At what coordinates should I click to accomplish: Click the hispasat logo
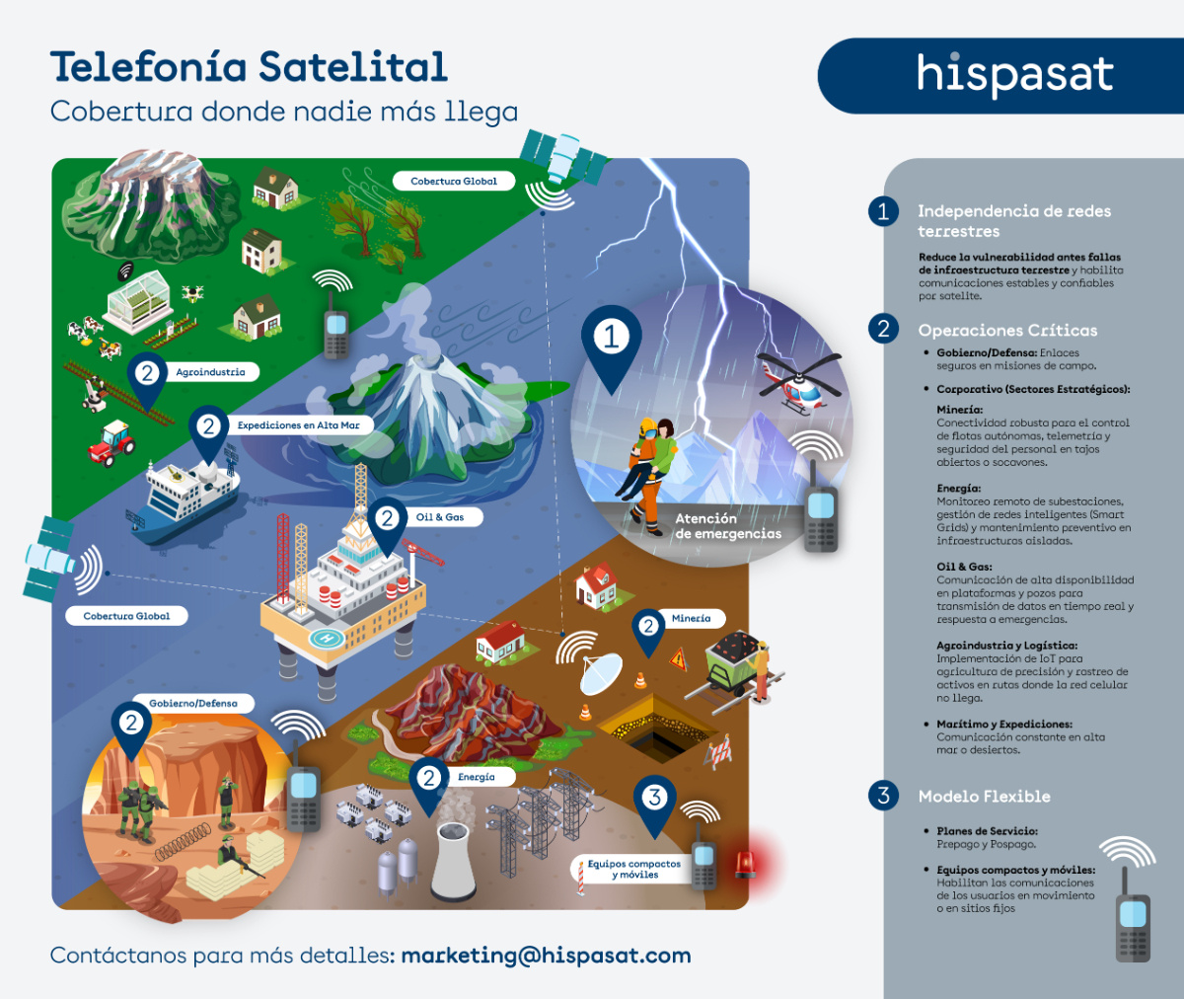coord(1015,74)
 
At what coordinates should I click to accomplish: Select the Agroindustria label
coord(210,372)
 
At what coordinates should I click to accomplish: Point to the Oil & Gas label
coord(440,517)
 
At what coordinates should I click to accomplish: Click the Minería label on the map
coord(691,619)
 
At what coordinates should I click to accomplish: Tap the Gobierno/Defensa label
coord(193,704)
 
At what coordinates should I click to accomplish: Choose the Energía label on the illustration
coord(477,777)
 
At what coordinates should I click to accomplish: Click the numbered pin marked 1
coord(611,338)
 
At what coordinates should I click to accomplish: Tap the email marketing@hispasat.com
coord(546,956)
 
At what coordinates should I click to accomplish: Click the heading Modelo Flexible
coord(984,797)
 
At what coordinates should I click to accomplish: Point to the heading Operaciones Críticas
coord(1007,331)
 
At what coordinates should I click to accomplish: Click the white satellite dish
coord(600,673)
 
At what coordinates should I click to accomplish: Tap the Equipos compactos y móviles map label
coord(634,869)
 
